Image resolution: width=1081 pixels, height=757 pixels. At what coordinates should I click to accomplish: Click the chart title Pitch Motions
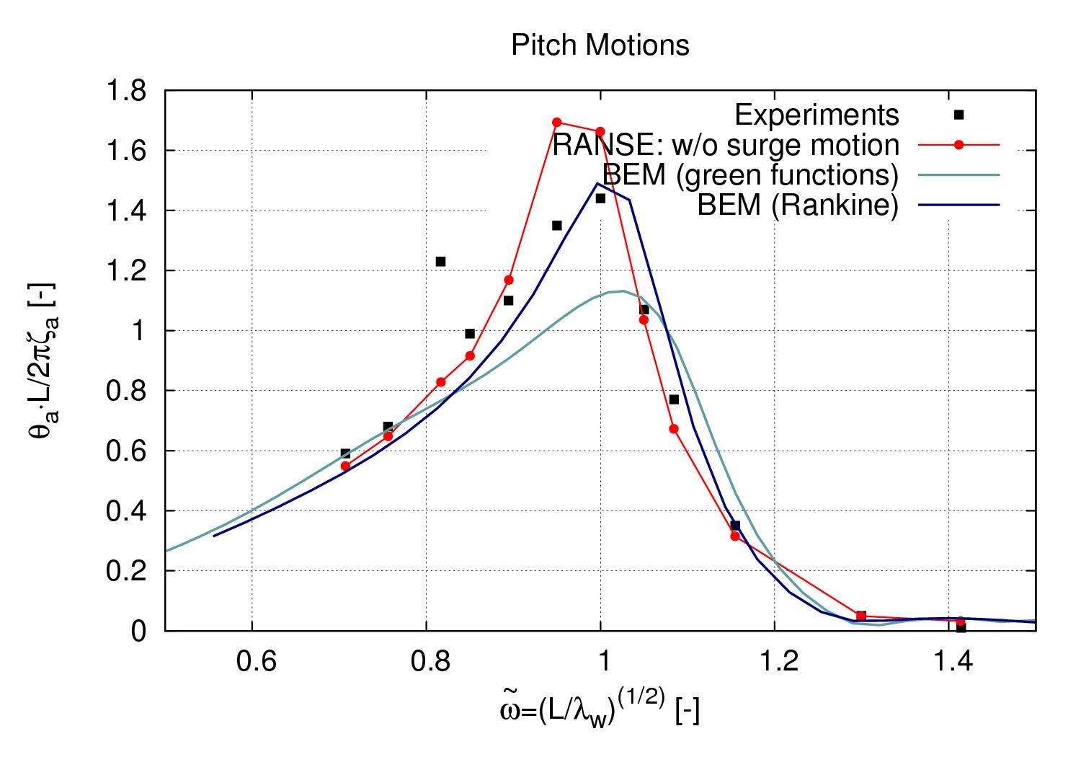pos(600,45)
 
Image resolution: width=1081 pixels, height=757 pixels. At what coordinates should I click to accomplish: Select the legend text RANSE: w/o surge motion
pos(726,145)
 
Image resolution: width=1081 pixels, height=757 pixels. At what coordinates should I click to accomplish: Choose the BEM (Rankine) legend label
pos(798,205)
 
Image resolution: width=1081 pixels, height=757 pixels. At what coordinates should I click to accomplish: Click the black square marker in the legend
pos(958,115)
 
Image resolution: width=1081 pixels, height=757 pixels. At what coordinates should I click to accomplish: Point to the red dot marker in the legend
pos(958,145)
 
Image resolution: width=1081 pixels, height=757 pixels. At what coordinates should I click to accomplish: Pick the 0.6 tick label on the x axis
pos(252,660)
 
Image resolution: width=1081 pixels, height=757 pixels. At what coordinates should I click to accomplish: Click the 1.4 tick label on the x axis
pos(948,660)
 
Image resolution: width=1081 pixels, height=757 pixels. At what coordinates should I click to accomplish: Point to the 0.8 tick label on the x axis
pos(426,660)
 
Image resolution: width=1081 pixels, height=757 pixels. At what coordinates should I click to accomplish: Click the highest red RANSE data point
pos(556,122)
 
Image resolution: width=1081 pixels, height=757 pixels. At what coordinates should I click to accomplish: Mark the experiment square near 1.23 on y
pos(441,261)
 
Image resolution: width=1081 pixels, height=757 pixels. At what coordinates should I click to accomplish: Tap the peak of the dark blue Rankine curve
pos(597,183)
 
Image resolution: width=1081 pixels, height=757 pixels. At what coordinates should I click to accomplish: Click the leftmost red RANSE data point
pos(345,466)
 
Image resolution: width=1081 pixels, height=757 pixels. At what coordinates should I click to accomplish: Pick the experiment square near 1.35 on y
pos(556,226)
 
